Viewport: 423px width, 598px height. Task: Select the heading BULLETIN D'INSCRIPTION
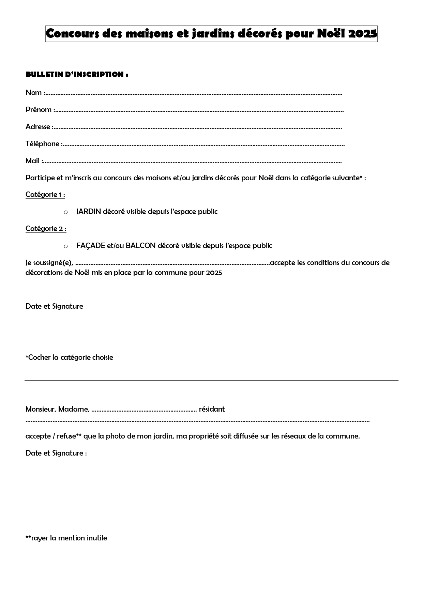(x=77, y=74)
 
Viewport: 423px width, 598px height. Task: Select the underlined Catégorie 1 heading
(x=45, y=195)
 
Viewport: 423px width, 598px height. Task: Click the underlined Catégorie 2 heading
(x=46, y=229)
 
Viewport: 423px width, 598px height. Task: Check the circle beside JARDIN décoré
(x=66, y=212)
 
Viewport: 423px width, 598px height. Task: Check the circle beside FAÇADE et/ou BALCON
(x=66, y=246)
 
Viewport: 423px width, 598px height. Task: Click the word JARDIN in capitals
(x=89, y=212)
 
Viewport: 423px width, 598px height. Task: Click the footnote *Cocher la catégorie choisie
(x=69, y=357)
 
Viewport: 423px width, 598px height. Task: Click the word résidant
(x=212, y=409)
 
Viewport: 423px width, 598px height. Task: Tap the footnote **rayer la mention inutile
(x=66, y=538)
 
